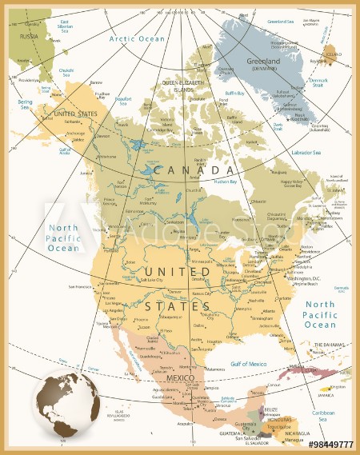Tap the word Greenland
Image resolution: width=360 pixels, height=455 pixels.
263,61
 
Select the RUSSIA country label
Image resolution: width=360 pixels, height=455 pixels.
30,36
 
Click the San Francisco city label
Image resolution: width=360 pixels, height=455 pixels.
82,286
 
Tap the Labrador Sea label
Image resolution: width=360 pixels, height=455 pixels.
305,152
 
